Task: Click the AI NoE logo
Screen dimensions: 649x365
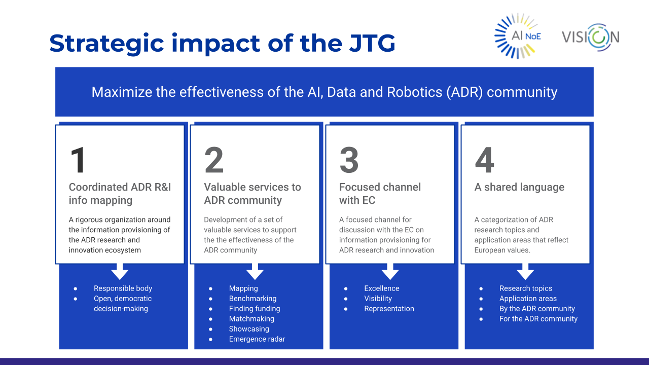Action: [x=518, y=36]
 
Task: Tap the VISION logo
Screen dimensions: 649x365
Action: [x=591, y=38]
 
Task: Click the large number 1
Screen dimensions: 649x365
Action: [x=78, y=160]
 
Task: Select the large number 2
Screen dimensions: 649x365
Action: [x=214, y=160]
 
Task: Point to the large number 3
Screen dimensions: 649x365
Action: [x=349, y=160]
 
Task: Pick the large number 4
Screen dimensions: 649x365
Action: [x=484, y=160]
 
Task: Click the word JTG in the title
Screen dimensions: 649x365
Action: [x=372, y=43]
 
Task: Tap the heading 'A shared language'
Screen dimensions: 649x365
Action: [x=519, y=187]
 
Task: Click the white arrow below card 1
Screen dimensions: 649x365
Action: [x=120, y=271]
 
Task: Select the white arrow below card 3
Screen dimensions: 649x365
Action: [x=390, y=271]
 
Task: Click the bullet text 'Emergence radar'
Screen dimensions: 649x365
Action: [x=257, y=339]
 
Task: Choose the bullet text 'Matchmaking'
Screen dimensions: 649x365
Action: [x=251, y=319]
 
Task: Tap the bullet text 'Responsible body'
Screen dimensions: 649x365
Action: [x=123, y=288]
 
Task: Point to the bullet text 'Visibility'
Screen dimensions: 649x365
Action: [x=378, y=299]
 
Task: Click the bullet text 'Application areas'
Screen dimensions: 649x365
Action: [x=528, y=299]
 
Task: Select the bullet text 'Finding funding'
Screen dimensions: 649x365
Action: [x=255, y=309]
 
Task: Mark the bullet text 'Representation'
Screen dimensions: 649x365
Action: [x=389, y=309]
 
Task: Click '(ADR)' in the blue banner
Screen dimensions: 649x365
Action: [x=464, y=92]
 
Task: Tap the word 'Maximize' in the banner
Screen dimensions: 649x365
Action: [x=122, y=92]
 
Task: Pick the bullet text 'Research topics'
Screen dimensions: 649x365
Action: [x=526, y=288]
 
